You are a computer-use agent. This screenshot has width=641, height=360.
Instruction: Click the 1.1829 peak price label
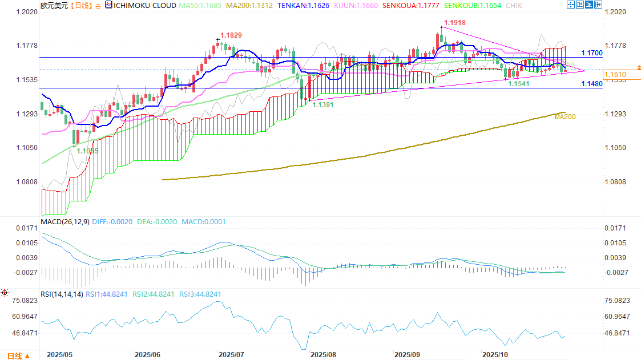(x=232, y=35)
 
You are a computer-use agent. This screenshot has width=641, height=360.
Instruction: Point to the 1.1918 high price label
(x=455, y=22)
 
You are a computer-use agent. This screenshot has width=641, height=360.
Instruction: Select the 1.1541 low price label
(x=519, y=83)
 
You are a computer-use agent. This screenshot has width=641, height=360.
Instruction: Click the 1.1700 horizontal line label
(x=592, y=53)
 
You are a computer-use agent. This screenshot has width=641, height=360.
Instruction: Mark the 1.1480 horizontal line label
(x=592, y=84)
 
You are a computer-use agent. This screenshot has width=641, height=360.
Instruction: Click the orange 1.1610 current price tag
(x=615, y=75)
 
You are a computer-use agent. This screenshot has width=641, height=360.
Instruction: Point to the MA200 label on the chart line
(x=565, y=116)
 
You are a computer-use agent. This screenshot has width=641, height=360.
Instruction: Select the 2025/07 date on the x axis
(x=231, y=354)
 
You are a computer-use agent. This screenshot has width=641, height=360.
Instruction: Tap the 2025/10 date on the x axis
(x=494, y=354)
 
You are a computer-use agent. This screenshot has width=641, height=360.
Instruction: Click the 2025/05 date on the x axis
(x=59, y=354)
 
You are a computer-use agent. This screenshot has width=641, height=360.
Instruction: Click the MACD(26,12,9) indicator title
(x=65, y=221)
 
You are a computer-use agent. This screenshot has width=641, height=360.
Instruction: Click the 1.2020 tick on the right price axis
(x=615, y=11)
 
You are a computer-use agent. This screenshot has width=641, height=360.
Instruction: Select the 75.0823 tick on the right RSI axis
(x=618, y=300)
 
